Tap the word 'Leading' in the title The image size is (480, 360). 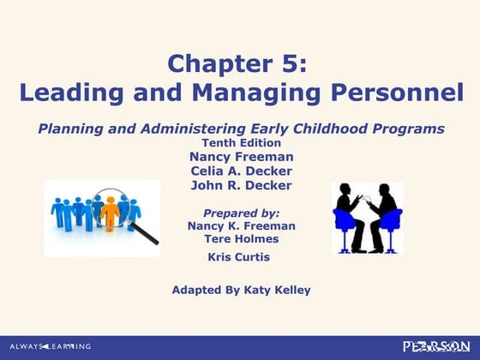pos(65,92)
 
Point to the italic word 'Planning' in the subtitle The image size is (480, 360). pos(69,129)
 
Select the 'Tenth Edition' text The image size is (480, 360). pos(240,142)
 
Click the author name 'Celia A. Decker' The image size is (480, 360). pos(240,171)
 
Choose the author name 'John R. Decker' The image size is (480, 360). pos(240,185)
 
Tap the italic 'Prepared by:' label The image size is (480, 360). pos(240,212)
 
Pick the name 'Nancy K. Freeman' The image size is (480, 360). pos(240,225)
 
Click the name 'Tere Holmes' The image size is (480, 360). pos(240,239)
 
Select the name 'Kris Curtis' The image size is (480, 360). pos(239,257)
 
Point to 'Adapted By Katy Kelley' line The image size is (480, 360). pos(241,290)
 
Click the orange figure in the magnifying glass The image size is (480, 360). pos(109,213)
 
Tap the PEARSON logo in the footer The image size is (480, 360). pos(437,346)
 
